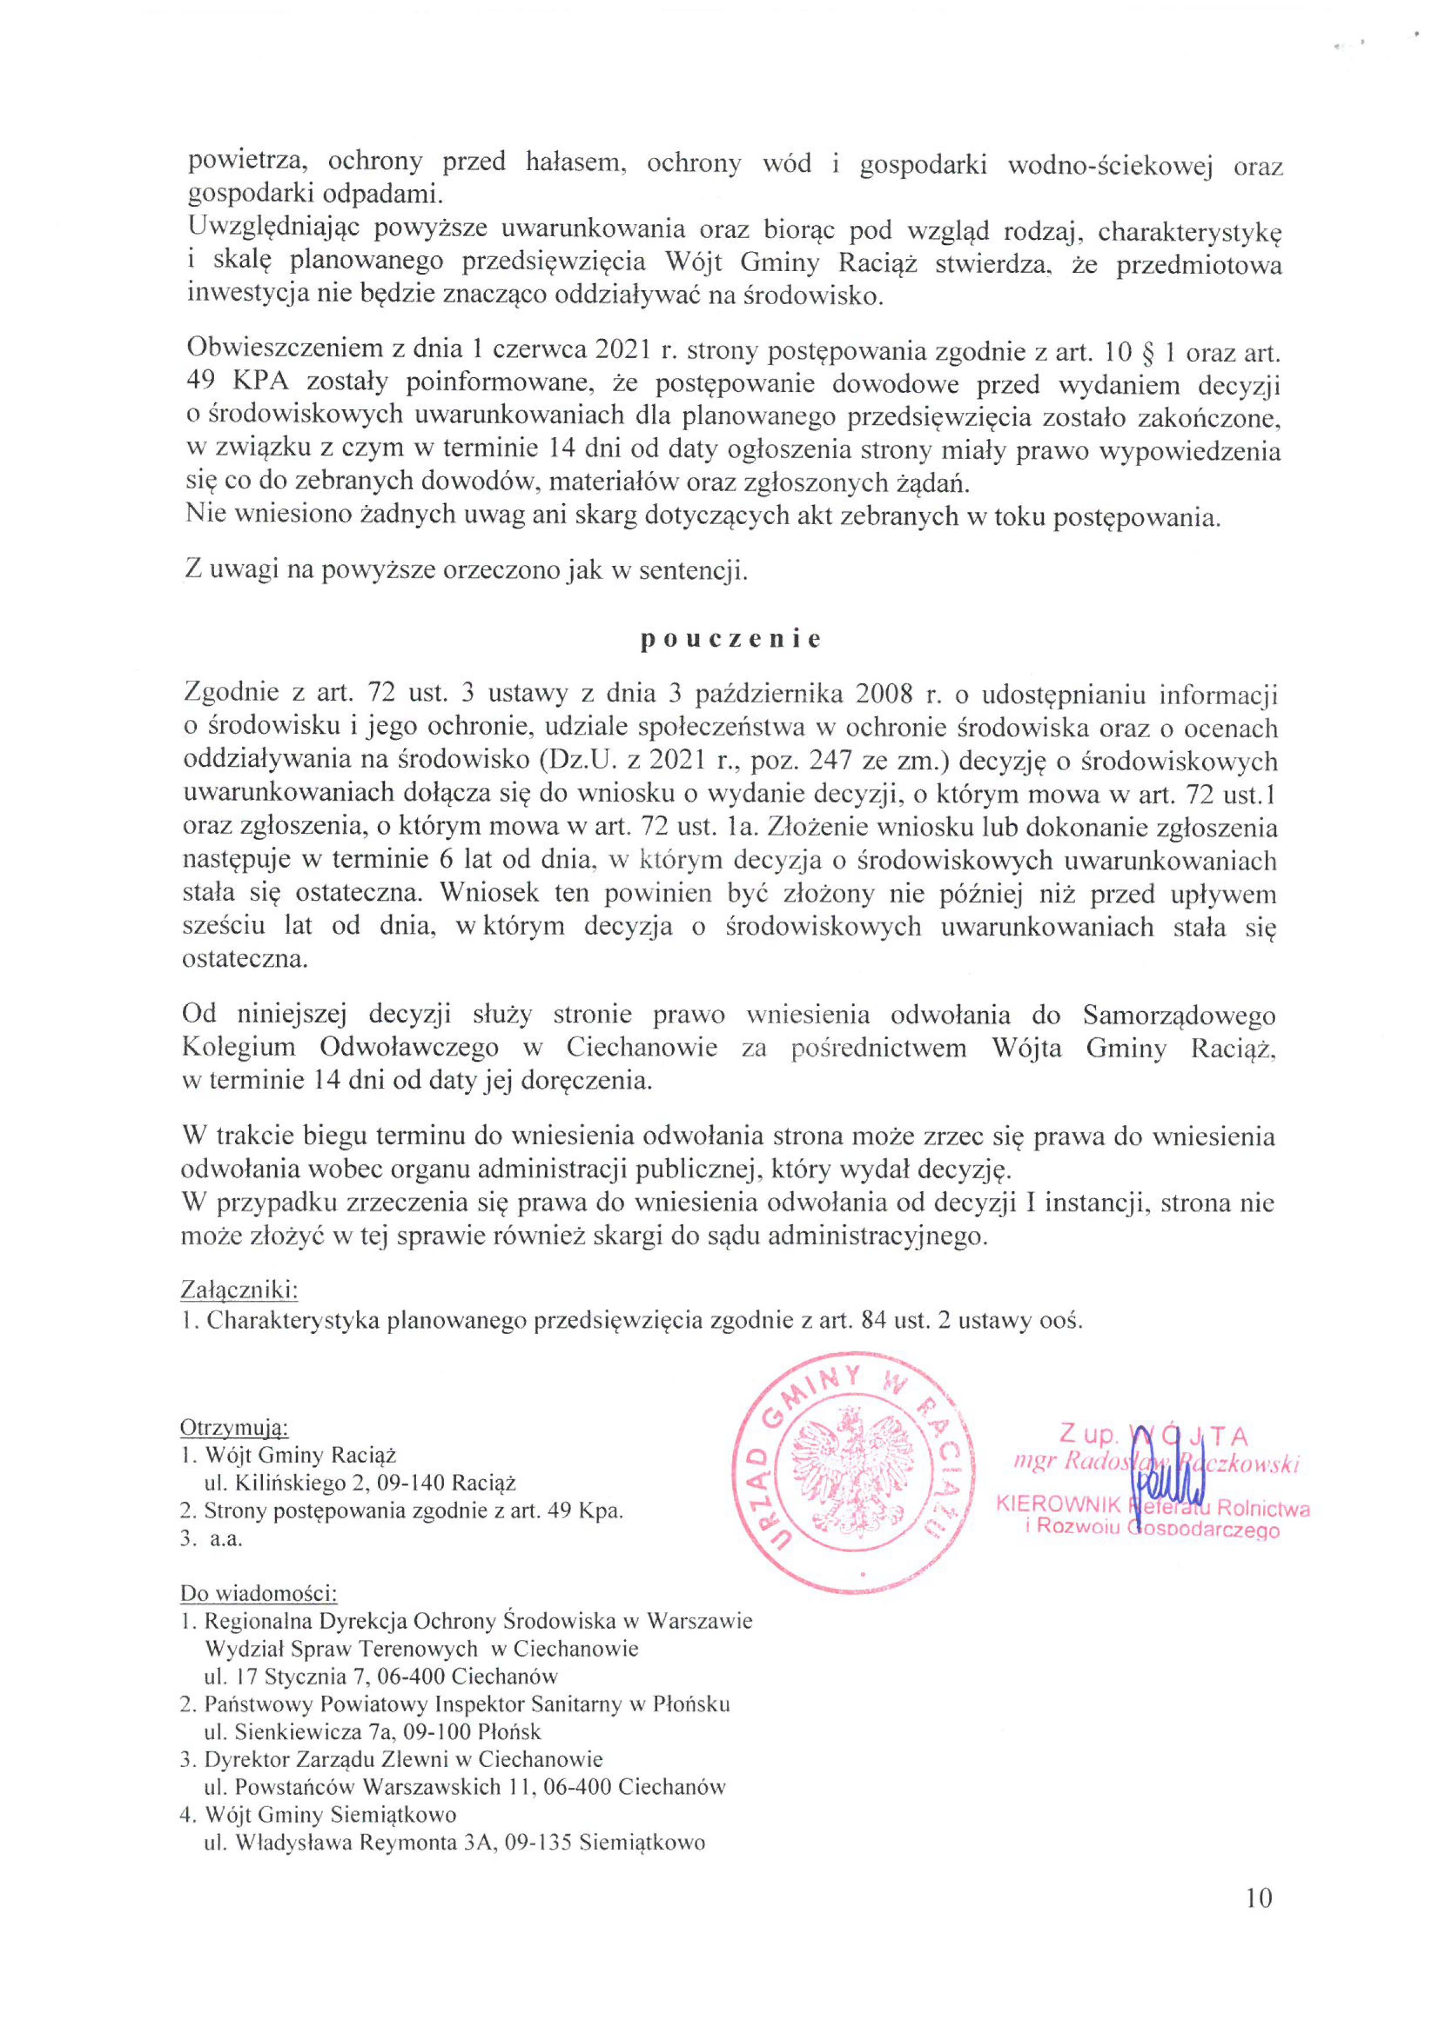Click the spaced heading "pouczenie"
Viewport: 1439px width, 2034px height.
[x=730, y=640]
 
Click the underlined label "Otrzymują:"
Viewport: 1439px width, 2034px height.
[x=234, y=1427]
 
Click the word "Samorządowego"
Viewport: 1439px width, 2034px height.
[x=1180, y=1015]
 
